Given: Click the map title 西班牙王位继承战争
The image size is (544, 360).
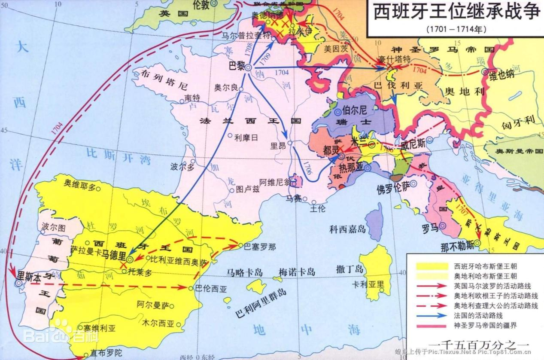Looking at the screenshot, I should click(454, 12).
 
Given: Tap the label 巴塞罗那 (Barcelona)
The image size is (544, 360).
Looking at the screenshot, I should click(259, 247).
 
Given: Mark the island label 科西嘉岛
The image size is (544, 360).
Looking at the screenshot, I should click(347, 229).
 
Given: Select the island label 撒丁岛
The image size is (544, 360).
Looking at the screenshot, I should click(350, 270).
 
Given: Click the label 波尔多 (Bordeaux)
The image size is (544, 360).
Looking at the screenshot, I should click(182, 167).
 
